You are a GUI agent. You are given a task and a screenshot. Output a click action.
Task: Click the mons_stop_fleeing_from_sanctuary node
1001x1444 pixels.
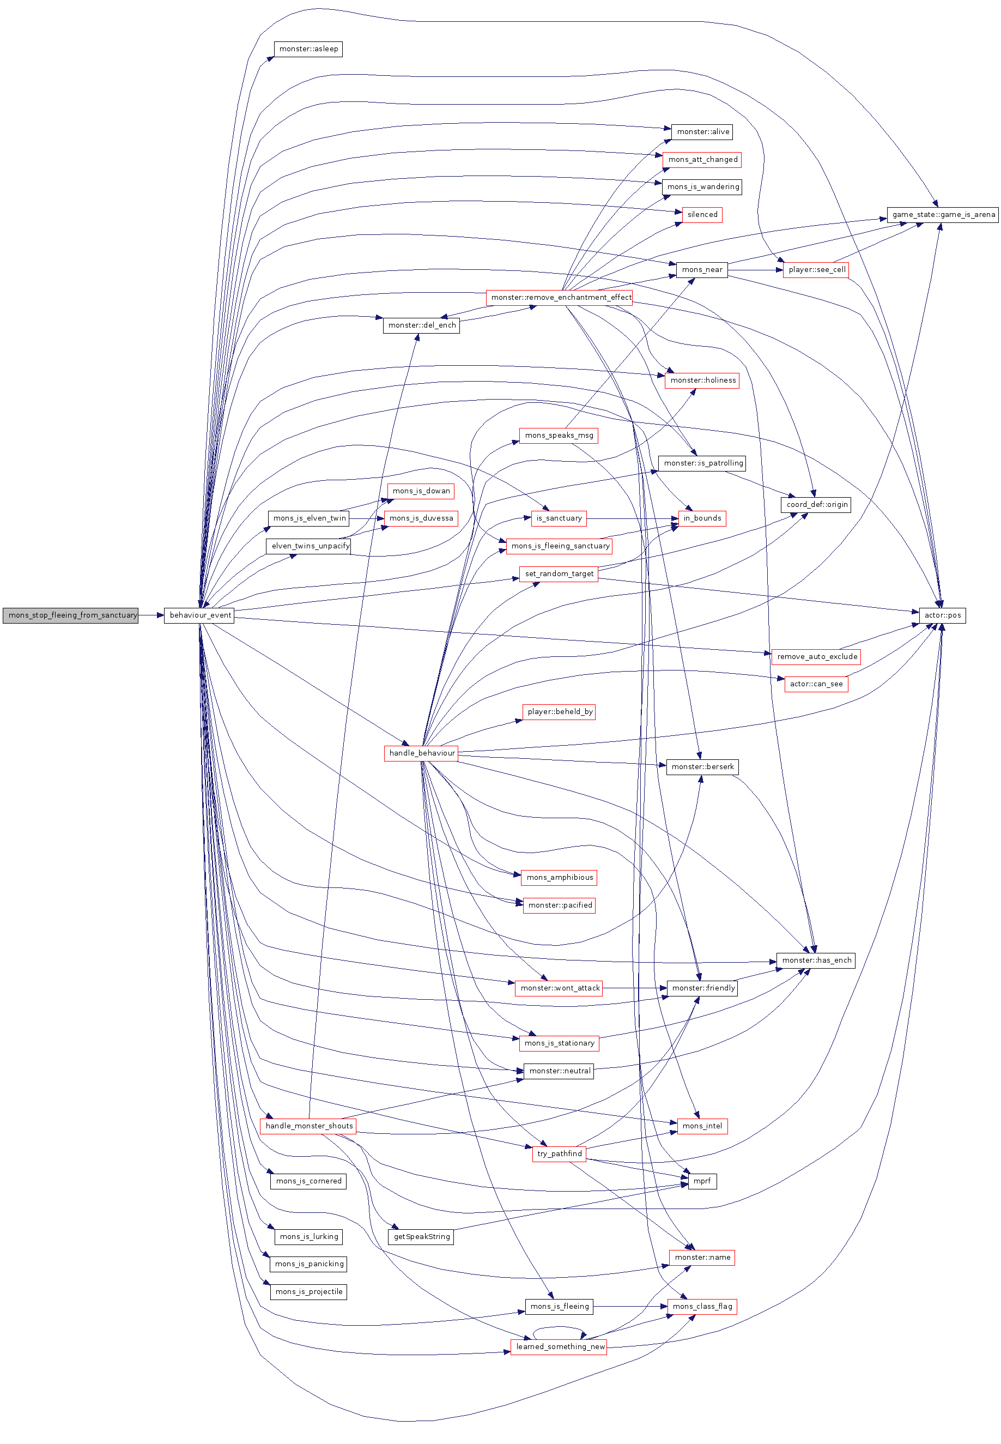[70, 615]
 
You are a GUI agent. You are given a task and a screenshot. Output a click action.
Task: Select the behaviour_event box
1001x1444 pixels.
[199, 615]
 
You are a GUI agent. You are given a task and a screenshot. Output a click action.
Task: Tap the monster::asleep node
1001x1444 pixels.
[308, 49]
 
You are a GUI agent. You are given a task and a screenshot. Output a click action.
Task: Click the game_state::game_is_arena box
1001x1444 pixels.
[943, 215]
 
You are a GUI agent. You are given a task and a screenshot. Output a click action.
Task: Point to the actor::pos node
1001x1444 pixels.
[942, 615]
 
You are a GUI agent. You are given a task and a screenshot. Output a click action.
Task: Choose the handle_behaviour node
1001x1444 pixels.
[421, 753]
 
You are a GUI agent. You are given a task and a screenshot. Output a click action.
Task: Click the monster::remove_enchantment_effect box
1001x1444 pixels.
[560, 297]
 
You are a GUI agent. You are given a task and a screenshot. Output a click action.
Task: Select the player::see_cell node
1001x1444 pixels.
[816, 270]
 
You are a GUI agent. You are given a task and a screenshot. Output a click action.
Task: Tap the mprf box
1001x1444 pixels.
[702, 1181]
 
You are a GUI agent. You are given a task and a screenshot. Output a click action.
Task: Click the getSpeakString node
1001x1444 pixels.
[421, 1236]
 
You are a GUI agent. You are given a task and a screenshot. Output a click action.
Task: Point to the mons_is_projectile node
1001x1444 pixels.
[308, 1291]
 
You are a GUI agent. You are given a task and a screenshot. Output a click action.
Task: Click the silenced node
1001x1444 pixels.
[702, 215]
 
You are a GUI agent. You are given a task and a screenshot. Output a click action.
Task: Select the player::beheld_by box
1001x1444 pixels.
[560, 711]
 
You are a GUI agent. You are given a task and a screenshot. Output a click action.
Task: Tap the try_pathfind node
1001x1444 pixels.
[560, 1153]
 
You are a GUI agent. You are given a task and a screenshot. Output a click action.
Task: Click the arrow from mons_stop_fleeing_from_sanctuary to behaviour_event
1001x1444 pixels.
[151, 615]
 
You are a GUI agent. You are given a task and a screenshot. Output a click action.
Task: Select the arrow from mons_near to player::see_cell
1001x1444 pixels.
[756, 270]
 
